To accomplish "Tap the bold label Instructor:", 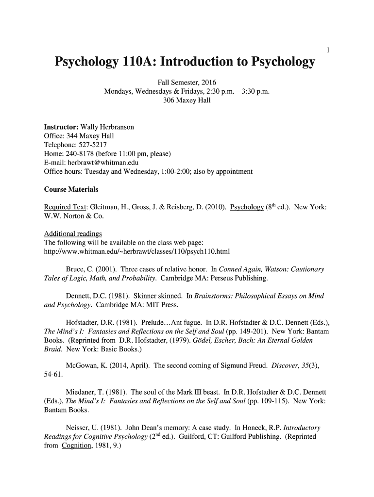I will [61, 127].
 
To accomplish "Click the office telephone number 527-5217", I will [91, 145].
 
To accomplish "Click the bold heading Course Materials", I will [71, 189].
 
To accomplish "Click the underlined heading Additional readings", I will [73, 234].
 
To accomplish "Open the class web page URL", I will [136, 251].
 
